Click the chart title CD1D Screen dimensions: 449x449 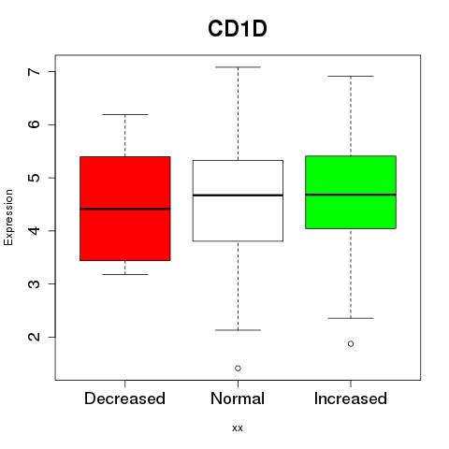coord(238,29)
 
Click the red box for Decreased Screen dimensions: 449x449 coord(125,209)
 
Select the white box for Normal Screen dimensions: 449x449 coord(238,200)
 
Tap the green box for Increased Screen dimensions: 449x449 coord(351,192)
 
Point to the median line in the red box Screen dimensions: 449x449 coord(125,209)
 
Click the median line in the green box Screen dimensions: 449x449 coord(351,195)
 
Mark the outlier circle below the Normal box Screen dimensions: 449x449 coord(238,369)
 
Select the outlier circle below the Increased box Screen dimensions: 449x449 coord(351,343)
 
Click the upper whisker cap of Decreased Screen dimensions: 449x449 coord(125,114)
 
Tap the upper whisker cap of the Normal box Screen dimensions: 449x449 coord(238,67)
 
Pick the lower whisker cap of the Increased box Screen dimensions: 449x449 coord(351,318)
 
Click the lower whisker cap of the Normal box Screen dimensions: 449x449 coord(238,330)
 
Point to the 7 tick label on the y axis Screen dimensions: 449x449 coord(35,71)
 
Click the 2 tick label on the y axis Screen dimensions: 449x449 coord(35,337)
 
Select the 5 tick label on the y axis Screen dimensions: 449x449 coord(35,178)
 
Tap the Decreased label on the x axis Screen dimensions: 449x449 coord(124,398)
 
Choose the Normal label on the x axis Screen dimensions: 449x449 coord(238,398)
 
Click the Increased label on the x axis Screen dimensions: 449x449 coord(351,398)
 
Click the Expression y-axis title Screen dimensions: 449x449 coord(8,217)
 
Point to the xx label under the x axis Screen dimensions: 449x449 coord(238,428)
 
